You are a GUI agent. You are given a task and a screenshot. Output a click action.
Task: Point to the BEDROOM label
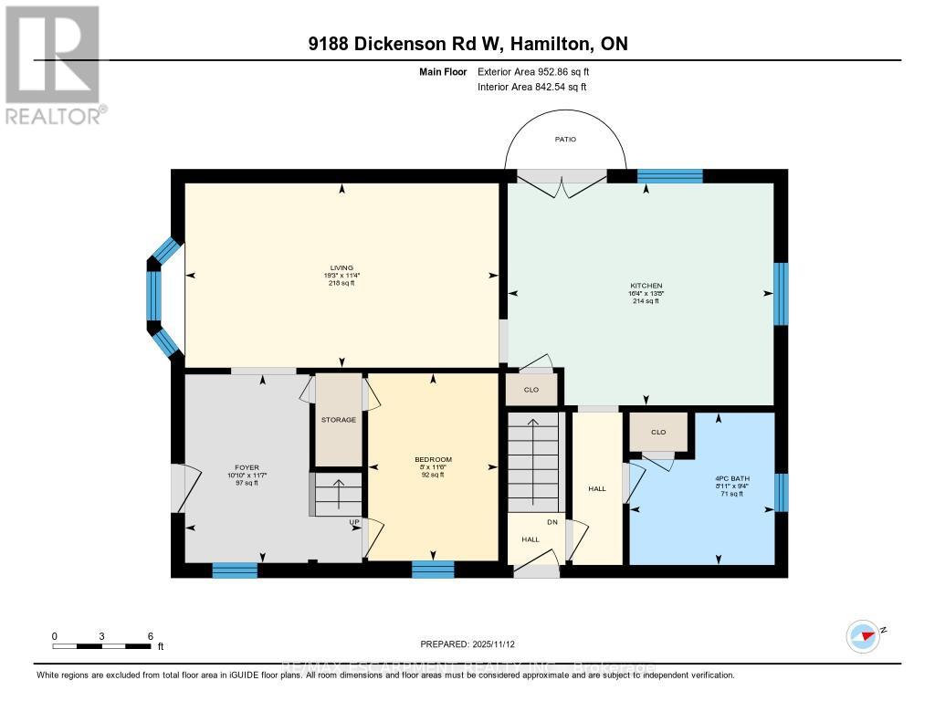(433, 460)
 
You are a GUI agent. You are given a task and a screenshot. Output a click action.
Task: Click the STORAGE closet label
(338, 420)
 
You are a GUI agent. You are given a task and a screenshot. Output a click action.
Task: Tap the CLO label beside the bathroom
(657, 433)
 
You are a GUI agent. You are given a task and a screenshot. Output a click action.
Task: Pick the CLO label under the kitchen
(531, 390)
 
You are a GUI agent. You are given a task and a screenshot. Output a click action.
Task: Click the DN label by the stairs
(551, 522)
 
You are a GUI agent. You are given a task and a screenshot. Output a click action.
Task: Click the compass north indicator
(863, 634)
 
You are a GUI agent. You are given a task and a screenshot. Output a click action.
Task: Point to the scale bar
(102, 646)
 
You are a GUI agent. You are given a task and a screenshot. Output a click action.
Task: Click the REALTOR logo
(54, 64)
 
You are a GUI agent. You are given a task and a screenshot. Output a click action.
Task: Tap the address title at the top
(467, 44)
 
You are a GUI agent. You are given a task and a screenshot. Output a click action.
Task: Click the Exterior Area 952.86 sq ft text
(540, 71)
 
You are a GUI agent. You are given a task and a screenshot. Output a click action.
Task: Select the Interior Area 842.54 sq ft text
(531, 87)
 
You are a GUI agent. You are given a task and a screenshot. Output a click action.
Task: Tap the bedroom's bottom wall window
(433, 570)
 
